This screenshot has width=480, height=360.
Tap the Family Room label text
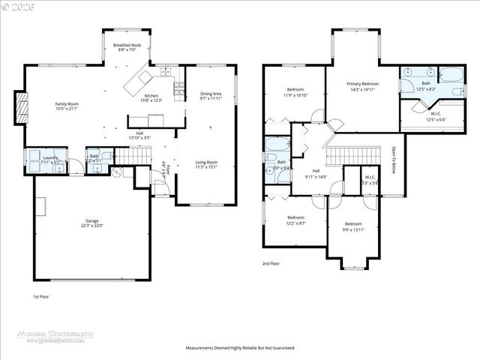67,106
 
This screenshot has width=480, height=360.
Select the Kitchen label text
151,97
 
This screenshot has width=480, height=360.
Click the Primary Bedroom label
362,86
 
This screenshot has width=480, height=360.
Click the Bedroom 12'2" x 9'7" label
295,220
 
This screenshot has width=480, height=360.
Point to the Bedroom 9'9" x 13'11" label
353,226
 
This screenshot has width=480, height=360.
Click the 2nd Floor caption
271,264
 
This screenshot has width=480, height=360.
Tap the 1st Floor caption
42,296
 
